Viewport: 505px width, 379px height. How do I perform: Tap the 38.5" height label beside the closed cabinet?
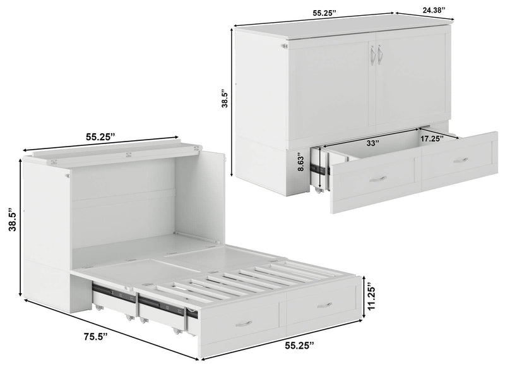[x=224, y=99]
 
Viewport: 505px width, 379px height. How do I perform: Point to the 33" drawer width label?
[x=372, y=143]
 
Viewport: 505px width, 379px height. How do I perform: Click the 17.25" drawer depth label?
[x=432, y=137]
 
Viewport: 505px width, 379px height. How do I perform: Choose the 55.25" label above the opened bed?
[x=103, y=135]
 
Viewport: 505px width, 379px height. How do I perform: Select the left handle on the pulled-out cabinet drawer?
[x=377, y=179]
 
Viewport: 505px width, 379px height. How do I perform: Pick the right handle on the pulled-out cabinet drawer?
[x=461, y=160]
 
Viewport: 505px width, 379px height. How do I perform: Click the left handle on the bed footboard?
[x=244, y=323]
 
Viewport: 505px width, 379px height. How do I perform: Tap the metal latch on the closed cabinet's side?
[x=284, y=45]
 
